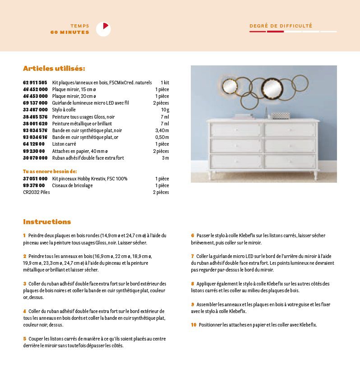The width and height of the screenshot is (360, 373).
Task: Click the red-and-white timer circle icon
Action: point(103,29)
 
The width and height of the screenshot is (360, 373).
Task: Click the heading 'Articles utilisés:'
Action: point(54,69)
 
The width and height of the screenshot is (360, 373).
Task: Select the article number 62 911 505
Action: point(35,83)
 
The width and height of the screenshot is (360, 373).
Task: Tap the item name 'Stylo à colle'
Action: point(64,110)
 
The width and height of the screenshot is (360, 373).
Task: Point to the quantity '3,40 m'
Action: point(162,130)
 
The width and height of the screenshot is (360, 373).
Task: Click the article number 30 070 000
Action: point(35,158)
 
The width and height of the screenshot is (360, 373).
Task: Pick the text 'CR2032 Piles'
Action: point(36,192)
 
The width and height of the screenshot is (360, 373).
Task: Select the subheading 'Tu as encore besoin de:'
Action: point(50,171)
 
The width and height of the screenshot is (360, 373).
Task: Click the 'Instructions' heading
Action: point(47,222)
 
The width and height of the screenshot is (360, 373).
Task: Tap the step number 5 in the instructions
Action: point(24,339)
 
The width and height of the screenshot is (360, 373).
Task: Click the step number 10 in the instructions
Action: point(194,325)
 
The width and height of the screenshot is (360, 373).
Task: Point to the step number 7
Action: point(192,256)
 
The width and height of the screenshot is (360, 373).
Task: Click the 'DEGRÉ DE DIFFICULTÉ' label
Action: point(281,26)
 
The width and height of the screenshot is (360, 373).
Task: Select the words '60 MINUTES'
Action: point(70,32)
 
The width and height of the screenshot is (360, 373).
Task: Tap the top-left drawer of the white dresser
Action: point(236,130)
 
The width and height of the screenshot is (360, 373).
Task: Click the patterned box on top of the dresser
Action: point(281,116)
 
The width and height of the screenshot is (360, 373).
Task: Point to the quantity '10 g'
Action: point(165,110)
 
